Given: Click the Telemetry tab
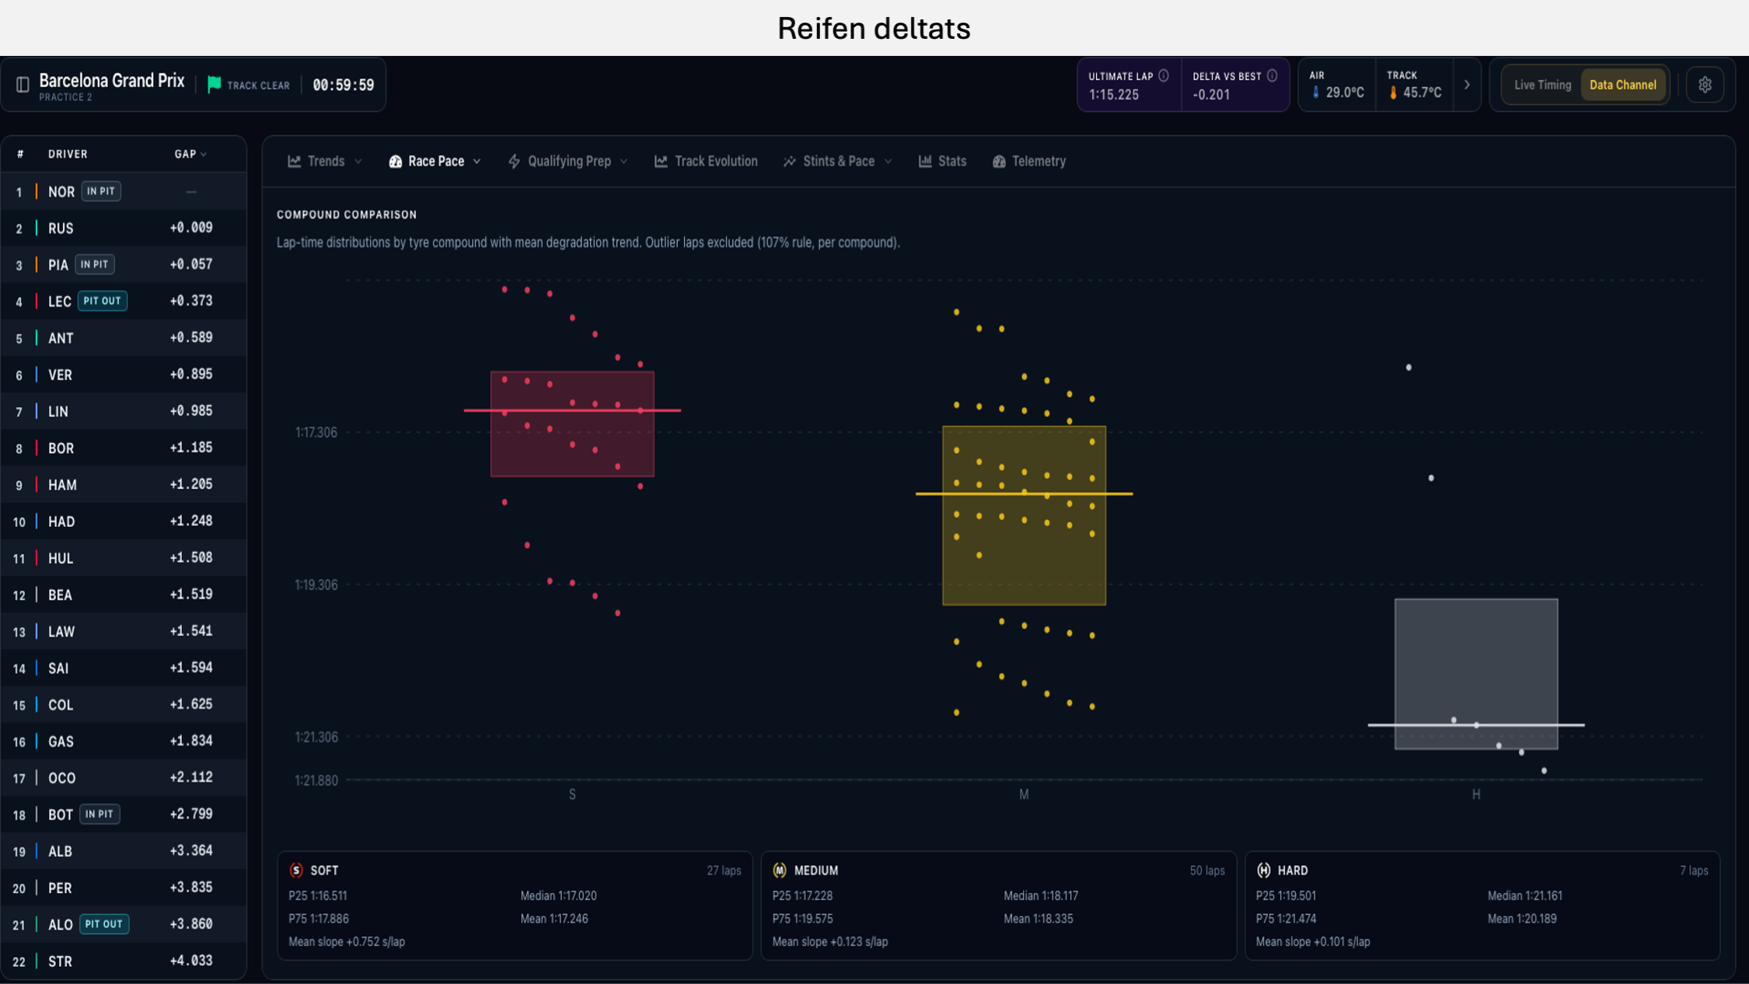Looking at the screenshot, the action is (1029, 161).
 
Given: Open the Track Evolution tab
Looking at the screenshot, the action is (706, 161).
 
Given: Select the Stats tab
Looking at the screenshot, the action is (942, 161).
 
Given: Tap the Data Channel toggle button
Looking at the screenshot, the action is (1622, 85).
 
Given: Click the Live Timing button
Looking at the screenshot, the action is (1542, 85).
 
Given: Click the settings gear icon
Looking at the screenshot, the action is (1705, 85).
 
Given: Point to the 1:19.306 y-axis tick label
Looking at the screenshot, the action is (316, 584).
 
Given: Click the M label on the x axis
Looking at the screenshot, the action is (1024, 794).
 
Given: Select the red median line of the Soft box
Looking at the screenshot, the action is (572, 410).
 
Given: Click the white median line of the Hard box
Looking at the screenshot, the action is (1476, 725).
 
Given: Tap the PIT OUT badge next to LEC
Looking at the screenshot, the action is (103, 301).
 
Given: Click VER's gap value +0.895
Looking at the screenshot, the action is (191, 374).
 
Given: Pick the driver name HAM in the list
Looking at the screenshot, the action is (62, 485).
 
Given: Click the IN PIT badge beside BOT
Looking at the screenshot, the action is (99, 814).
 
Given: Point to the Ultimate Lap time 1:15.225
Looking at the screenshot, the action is (1114, 94).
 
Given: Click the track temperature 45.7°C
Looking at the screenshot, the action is (1422, 92).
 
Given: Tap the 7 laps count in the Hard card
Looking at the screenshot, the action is (1694, 871).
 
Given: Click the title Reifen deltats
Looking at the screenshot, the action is (874, 28).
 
